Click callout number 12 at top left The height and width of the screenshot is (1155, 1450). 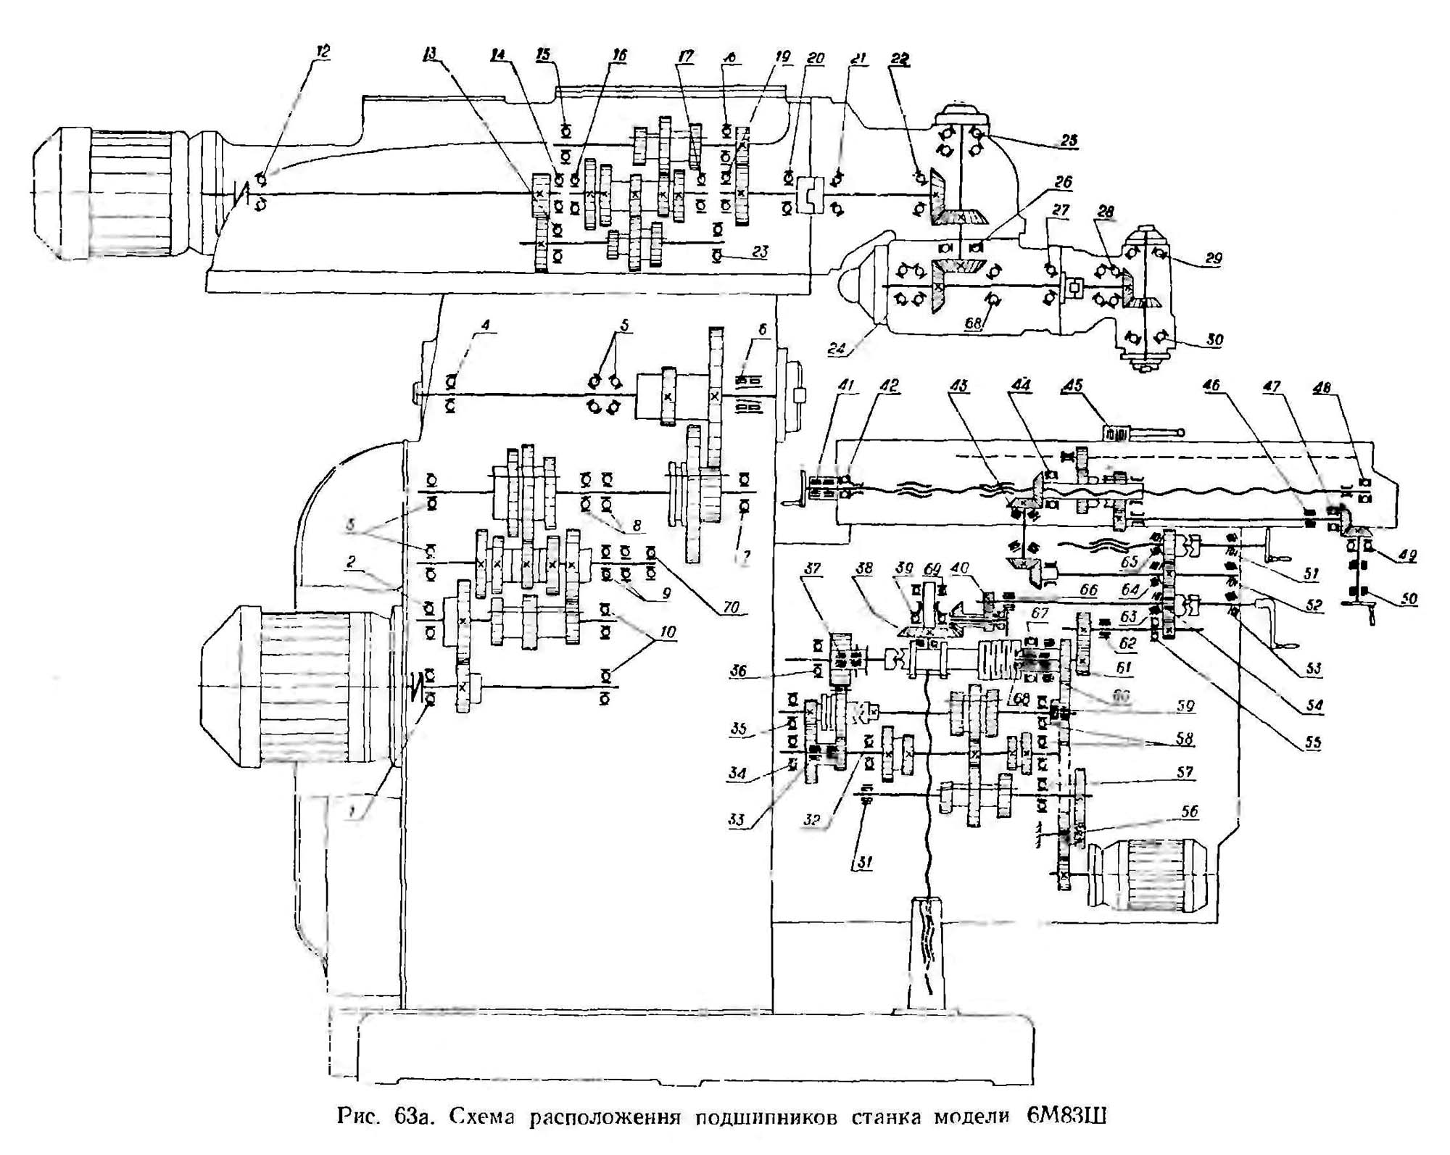click(322, 51)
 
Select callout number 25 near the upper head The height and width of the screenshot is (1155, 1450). click(1069, 140)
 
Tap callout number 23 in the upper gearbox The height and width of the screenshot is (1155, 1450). click(760, 252)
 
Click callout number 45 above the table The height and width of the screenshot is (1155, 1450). click(1072, 385)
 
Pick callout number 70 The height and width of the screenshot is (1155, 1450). click(731, 607)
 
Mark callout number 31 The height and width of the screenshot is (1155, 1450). click(864, 862)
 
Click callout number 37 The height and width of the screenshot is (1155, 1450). click(812, 568)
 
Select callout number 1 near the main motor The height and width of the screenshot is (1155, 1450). click(352, 813)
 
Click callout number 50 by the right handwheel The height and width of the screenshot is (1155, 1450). click(1409, 599)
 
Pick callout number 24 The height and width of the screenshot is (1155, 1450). click(837, 348)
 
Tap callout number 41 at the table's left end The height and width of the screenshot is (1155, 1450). click(846, 385)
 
